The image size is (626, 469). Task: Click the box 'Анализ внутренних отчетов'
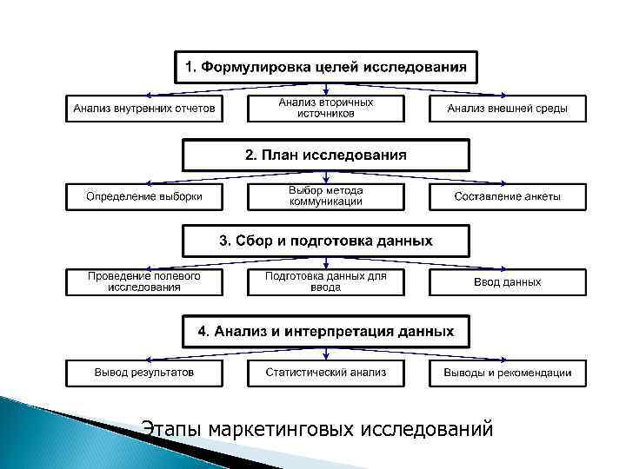[x=144, y=109]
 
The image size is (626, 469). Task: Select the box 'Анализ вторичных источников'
[x=326, y=109]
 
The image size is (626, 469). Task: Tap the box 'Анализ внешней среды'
[x=508, y=109]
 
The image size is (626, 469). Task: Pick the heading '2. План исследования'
[x=326, y=155]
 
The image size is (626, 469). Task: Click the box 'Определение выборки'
[x=144, y=196]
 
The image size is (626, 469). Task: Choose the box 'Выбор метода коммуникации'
[x=326, y=196]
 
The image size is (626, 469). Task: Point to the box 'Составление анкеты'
[x=508, y=196]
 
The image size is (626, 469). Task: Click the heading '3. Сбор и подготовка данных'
[x=326, y=241]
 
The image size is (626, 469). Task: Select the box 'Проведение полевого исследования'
[x=144, y=282]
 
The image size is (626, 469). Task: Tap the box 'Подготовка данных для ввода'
[x=326, y=282]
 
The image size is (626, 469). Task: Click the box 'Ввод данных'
[x=508, y=282]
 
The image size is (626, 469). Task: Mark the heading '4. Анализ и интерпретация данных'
[x=326, y=331]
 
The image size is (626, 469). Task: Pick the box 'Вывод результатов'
[x=144, y=373]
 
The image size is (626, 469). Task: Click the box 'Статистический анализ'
[x=326, y=373]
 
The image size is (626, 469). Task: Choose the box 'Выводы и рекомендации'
[x=508, y=373]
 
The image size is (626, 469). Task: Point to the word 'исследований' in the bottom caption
[x=425, y=429]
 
